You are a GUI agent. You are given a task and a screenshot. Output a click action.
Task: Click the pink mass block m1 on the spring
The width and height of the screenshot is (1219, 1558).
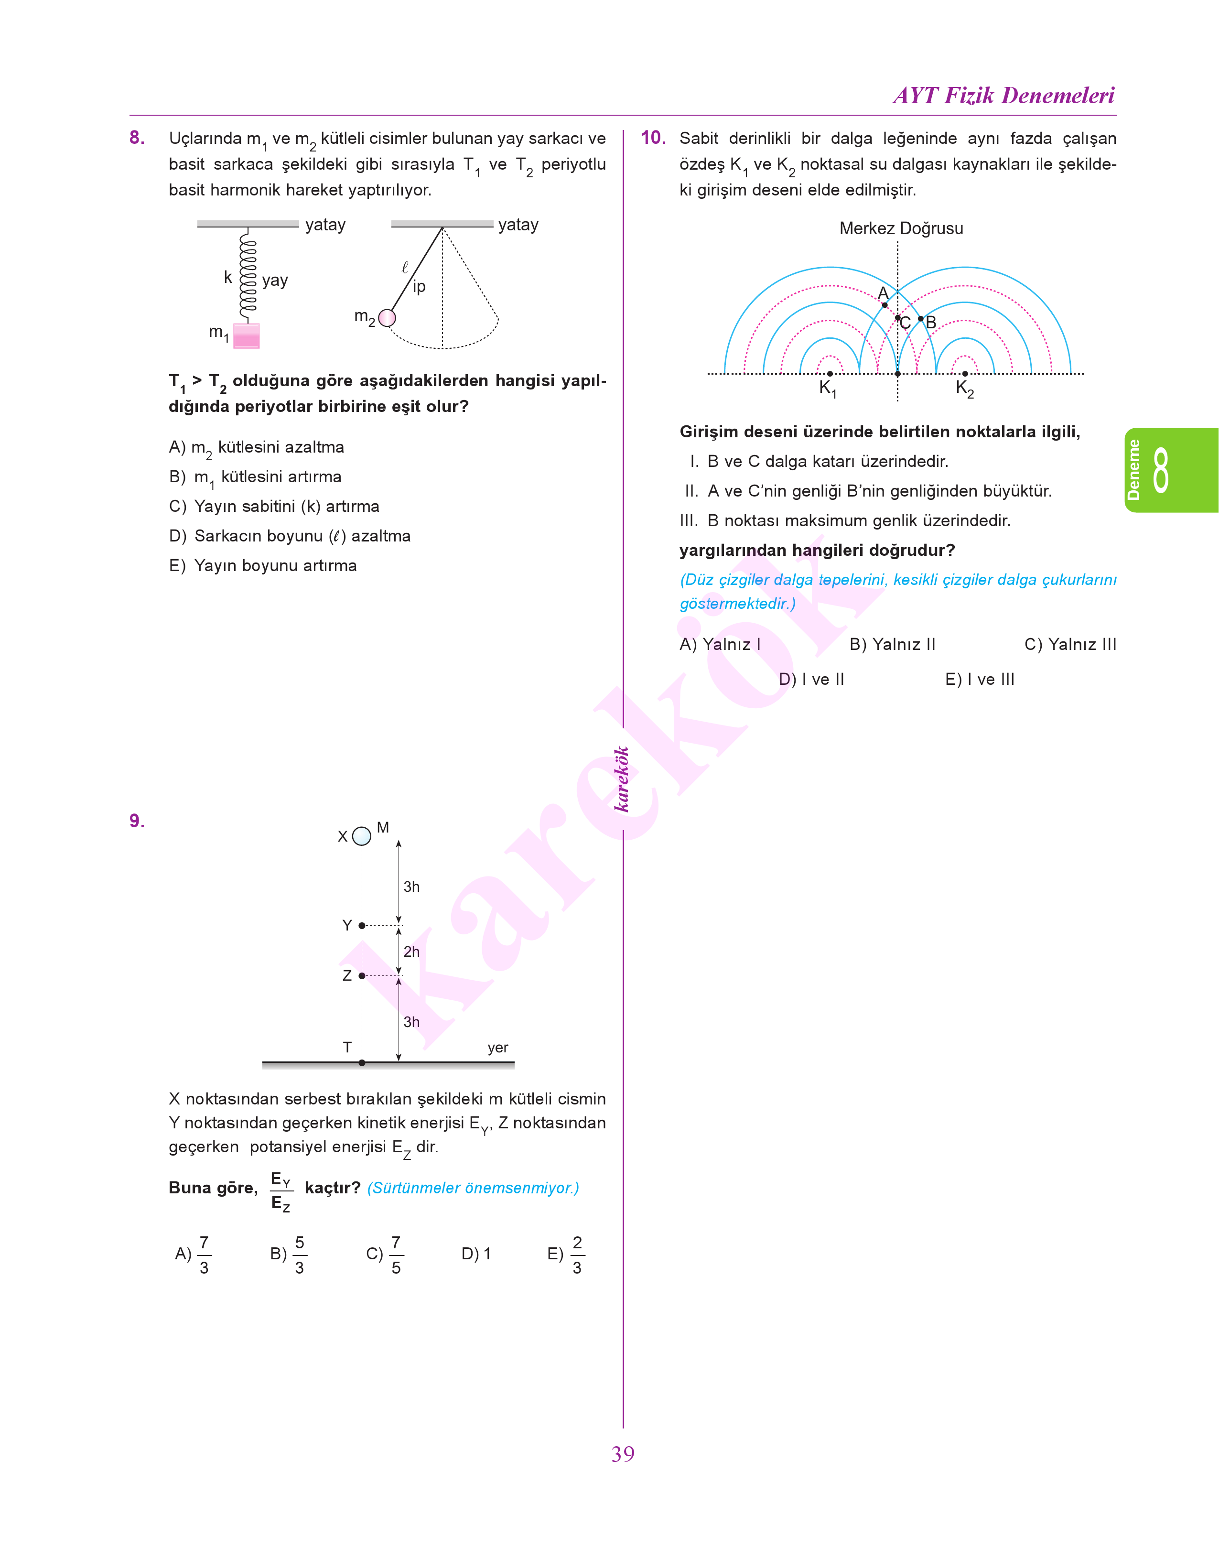[x=246, y=335]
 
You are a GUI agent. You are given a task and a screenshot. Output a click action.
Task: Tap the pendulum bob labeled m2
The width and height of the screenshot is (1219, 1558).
[x=387, y=318]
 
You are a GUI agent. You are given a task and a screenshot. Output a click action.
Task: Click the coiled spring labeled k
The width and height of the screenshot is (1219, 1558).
[x=248, y=275]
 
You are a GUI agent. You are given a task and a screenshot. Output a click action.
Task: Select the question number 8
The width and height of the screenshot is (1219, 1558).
[x=137, y=138]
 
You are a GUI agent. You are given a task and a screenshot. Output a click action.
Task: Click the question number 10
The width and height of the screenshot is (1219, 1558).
[x=652, y=138]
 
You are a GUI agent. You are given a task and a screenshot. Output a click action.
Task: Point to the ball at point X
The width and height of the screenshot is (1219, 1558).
[x=362, y=836]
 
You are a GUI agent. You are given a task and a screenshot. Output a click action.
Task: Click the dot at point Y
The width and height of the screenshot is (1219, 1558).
[x=362, y=926]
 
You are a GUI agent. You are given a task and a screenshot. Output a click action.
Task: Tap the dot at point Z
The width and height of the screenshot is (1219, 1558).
[x=362, y=975]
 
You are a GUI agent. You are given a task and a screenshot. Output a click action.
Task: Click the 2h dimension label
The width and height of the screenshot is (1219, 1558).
[x=412, y=952]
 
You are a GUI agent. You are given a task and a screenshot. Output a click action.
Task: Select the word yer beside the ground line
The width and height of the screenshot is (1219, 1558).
[x=497, y=1048]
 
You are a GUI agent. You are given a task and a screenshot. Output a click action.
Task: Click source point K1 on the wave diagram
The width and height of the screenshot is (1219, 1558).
[x=830, y=373]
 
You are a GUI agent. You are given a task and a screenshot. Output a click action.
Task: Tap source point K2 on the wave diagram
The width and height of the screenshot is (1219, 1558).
[x=965, y=373]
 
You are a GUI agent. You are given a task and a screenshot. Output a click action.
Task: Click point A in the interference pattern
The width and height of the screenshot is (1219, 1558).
[x=885, y=305]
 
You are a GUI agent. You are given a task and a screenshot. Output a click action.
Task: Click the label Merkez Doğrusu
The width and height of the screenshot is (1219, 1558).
[x=901, y=228]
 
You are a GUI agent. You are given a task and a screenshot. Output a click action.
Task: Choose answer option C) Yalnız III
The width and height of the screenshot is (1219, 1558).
[x=1070, y=645]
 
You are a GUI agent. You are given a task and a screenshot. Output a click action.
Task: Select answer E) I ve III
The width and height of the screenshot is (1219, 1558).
[x=979, y=680]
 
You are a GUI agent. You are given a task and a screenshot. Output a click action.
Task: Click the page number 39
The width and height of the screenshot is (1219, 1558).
[x=622, y=1454]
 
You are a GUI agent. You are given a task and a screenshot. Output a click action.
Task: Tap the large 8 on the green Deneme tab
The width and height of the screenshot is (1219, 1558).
[x=1161, y=470]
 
